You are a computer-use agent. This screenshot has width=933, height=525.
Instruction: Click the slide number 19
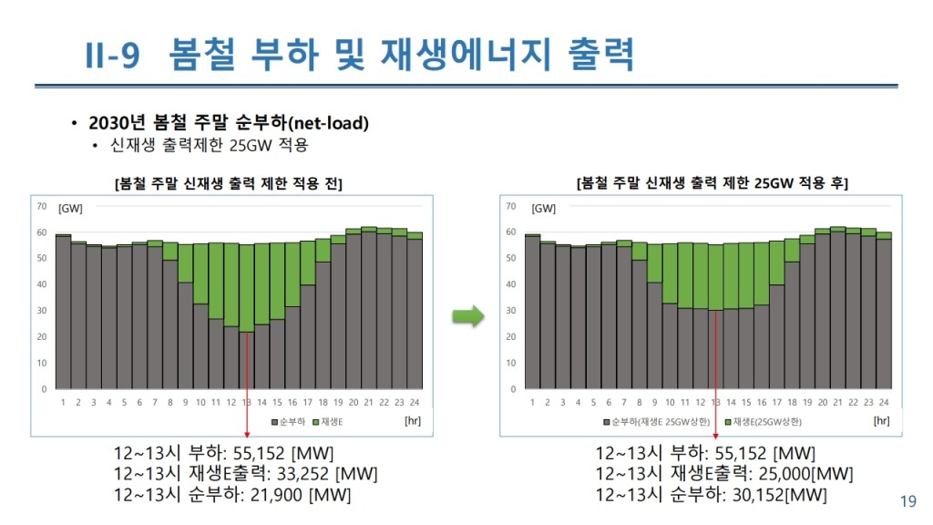click(907, 500)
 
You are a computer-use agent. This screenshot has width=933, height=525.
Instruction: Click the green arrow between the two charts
click(468, 316)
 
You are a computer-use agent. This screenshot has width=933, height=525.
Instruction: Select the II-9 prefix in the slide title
click(112, 56)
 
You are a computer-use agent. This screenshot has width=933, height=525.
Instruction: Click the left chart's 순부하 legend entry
click(290, 422)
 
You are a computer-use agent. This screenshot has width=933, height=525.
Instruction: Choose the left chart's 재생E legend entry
click(328, 422)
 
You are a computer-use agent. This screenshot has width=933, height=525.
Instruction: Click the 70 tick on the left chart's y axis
click(42, 206)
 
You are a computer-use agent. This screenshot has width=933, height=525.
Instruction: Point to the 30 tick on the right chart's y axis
click(512, 311)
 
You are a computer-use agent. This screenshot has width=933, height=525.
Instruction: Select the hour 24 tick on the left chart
click(415, 402)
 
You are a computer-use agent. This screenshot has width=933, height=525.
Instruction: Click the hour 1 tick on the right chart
click(532, 402)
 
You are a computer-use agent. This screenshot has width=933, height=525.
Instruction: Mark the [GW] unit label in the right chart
click(543, 209)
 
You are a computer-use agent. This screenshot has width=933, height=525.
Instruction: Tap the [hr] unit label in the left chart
click(413, 421)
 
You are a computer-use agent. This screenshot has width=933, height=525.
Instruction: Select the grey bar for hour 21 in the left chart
click(368, 310)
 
